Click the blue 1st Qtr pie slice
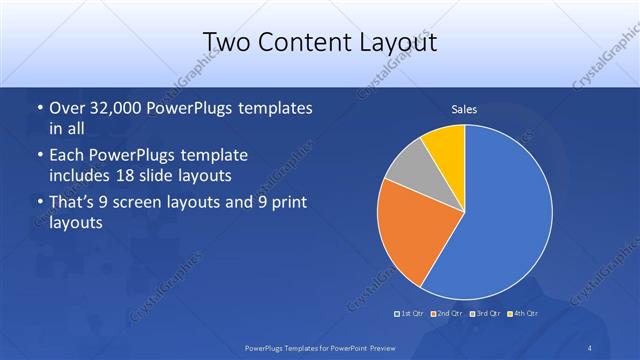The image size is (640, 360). point(505,215)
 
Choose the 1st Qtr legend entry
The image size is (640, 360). point(410,314)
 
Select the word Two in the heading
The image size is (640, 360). point(229,43)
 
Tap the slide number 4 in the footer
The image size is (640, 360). point(590,347)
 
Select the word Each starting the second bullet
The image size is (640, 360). point(67,156)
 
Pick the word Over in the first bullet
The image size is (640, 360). point(67,108)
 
